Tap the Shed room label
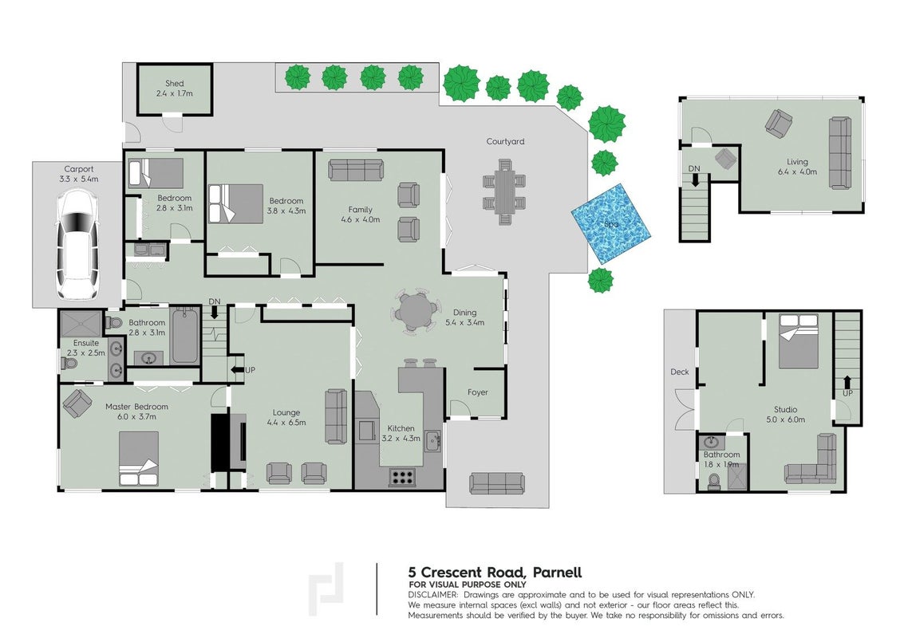tap(174, 84)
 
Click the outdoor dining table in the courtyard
tap(504, 192)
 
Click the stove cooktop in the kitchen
tap(402, 477)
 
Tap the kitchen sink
tap(433, 442)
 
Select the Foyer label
tap(477, 392)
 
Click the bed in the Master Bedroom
tap(139, 459)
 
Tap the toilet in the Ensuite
tap(69, 364)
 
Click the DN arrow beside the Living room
tap(695, 180)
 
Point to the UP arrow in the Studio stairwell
tap(847, 383)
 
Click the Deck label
tap(680, 372)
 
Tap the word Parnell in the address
tap(557, 573)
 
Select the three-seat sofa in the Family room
tap(356, 170)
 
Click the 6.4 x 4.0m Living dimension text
tap(797, 171)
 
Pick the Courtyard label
tap(505, 141)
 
